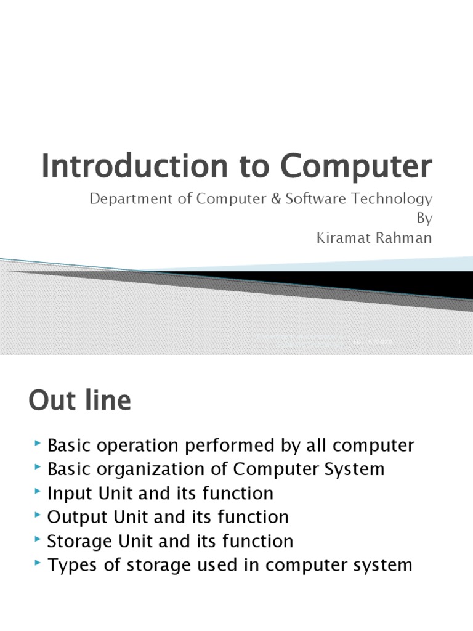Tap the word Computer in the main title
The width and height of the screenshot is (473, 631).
click(357, 166)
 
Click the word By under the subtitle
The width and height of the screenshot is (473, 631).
click(426, 219)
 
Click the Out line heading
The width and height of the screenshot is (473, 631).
click(80, 401)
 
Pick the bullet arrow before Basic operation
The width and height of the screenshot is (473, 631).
click(39, 443)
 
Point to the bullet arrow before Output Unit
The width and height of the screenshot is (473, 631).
click(39, 515)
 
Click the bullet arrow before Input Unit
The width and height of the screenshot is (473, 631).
click(39, 491)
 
